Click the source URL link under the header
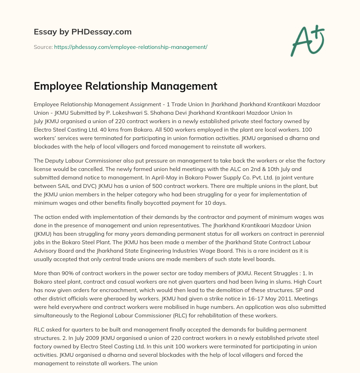click(x=131, y=47)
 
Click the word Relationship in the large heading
click(x=117, y=86)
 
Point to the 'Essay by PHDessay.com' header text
click(x=83, y=32)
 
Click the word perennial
click(x=310, y=233)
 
